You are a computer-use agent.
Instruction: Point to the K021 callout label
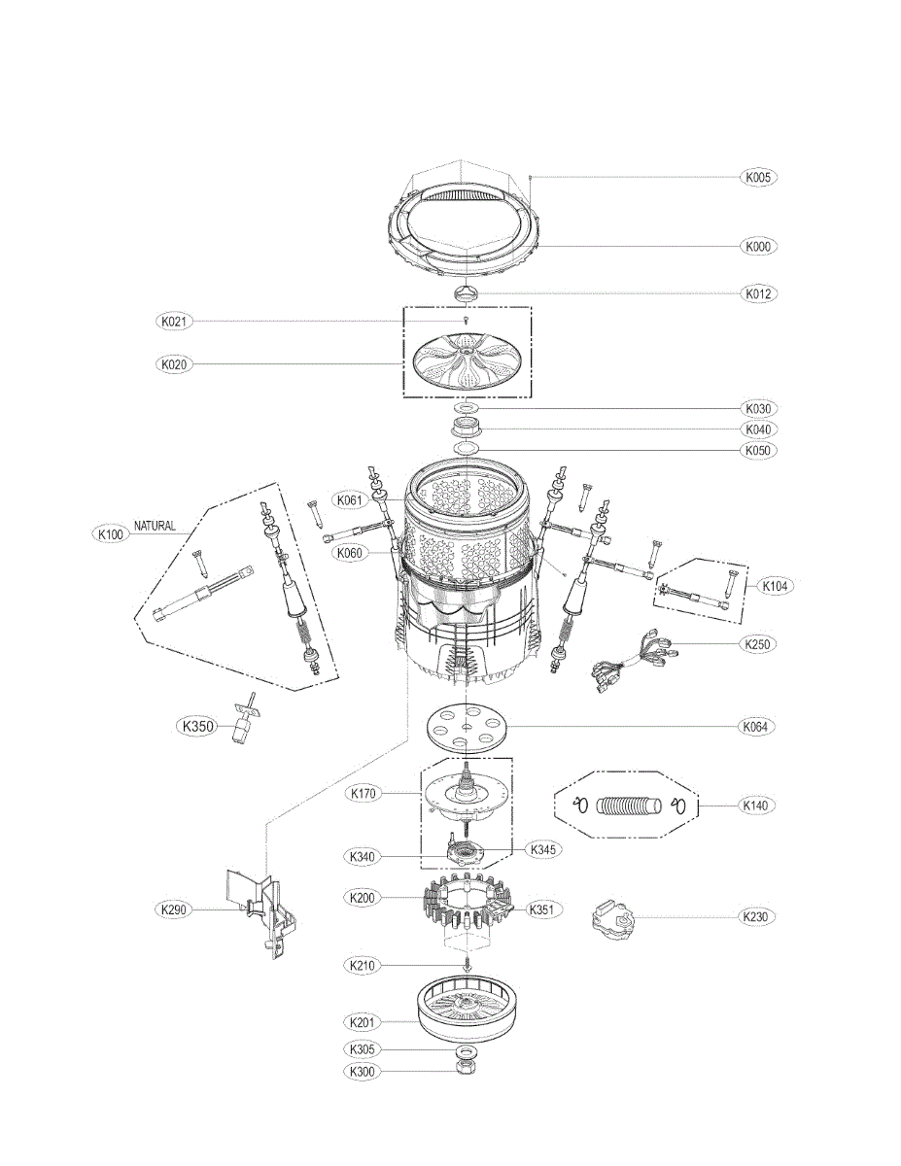coord(176,321)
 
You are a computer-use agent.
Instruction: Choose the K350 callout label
coord(195,725)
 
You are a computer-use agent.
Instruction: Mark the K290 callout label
coord(176,910)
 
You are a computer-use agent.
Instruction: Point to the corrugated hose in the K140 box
coord(627,806)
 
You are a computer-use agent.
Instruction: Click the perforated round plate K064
coord(468,727)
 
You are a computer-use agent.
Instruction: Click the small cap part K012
coord(468,292)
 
